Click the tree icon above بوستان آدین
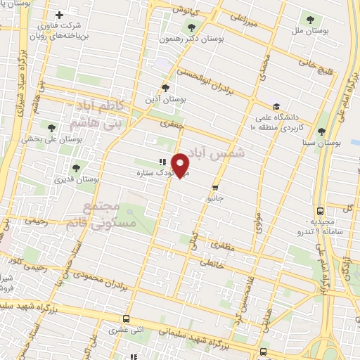165,88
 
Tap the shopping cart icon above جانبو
215,187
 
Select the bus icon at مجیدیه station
320,210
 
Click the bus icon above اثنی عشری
126,319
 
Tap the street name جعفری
170,125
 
